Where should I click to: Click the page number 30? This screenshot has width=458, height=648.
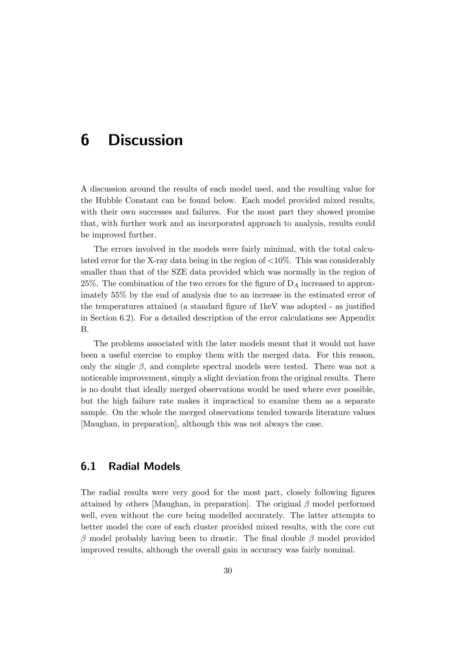point(228,571)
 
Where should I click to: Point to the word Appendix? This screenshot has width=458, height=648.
point(357,318)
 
